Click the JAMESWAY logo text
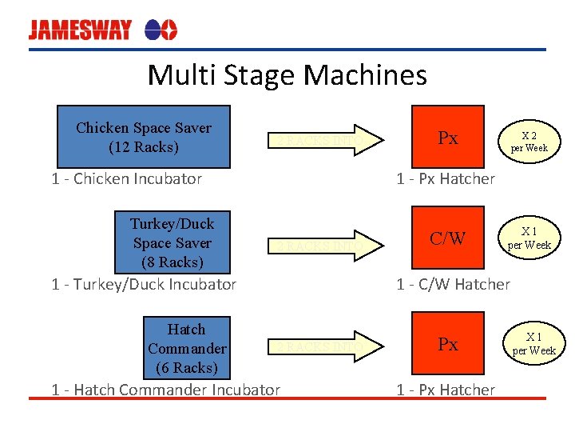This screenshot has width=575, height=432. coord(80,30)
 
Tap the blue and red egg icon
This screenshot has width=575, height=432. coord(161,30)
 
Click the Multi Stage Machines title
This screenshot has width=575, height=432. coord(287,75)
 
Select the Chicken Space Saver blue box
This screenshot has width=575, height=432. coord(144,137)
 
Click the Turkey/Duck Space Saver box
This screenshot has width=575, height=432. coord(172,242)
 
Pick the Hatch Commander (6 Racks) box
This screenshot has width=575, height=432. coord(187,348)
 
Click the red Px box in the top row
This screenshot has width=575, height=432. coord(448,138)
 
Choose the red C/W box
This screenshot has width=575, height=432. coord(448,238)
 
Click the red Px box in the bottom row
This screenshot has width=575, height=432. coord(448,344)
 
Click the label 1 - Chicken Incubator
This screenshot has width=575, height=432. coord(126,178)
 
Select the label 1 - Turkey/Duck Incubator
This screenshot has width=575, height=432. coord(144,284)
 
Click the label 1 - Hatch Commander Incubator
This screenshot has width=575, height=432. coord(165,390)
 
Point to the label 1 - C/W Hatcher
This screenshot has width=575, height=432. coord(453,284)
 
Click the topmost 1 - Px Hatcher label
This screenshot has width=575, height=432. coord(446,178)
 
